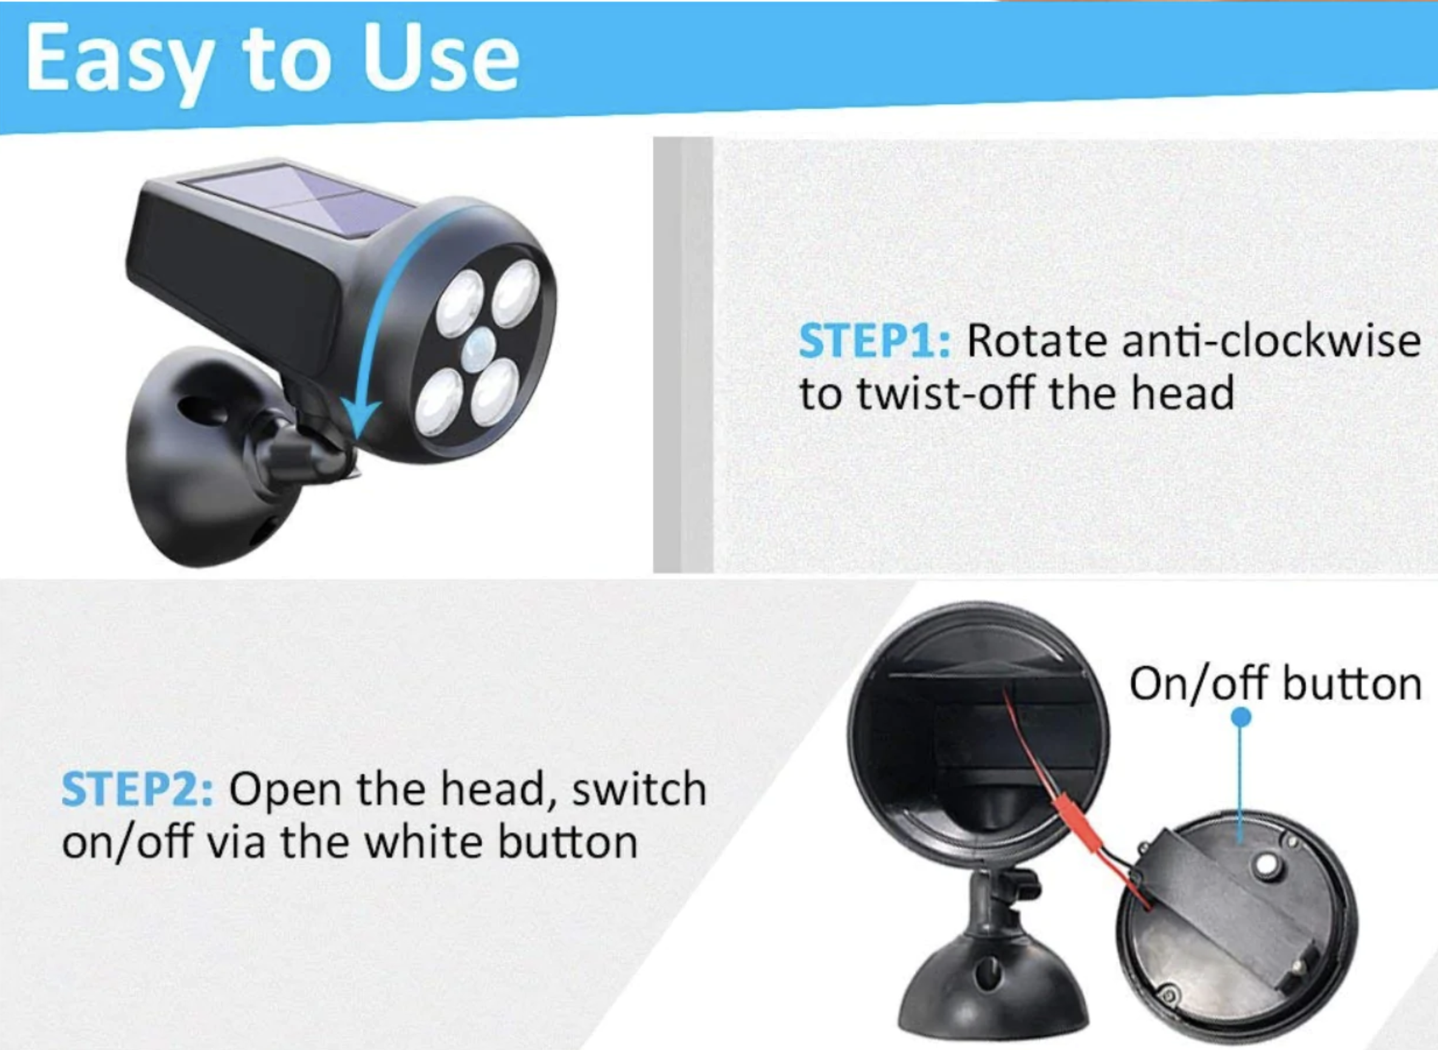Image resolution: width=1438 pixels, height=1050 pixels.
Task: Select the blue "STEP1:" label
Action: coord(874,341)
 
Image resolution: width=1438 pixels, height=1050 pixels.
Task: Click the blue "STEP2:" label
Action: coord(137,790)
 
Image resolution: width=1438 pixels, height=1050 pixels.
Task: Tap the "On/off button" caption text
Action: coord(1275,684)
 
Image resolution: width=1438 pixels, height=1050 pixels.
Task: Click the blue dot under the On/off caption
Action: coord(1241,717)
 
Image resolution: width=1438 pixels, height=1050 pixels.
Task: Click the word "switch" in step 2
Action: coord(639,790)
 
